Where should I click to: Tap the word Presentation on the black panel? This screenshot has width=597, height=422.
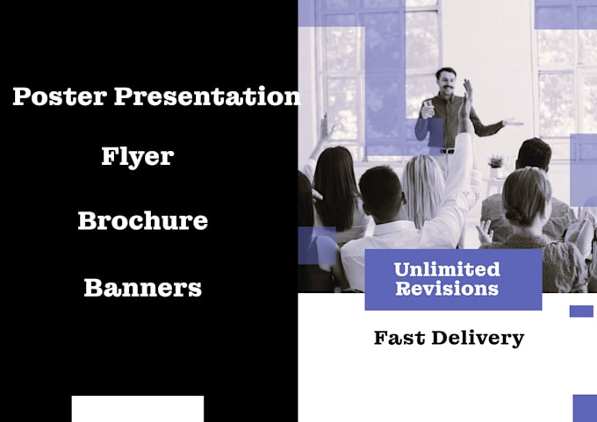[207, 97]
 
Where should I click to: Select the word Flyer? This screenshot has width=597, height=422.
[137, 157]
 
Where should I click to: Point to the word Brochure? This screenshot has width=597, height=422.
[142, 220]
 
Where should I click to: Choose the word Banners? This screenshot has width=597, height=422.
[142, 287]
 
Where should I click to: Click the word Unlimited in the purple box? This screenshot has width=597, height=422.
[447, 269]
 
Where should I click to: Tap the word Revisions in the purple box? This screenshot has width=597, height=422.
[447, 289]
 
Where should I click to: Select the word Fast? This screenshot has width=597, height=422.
[399, 338]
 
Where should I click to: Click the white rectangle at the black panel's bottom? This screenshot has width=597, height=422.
[137, 409]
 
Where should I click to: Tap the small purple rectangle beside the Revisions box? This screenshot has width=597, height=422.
[581, 311]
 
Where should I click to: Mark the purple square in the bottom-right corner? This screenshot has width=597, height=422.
[585, 408]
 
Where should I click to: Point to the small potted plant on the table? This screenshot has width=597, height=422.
[496, 162]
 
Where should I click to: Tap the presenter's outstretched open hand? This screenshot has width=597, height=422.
[512, 122]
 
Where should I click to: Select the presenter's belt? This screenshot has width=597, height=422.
[449, 151]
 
